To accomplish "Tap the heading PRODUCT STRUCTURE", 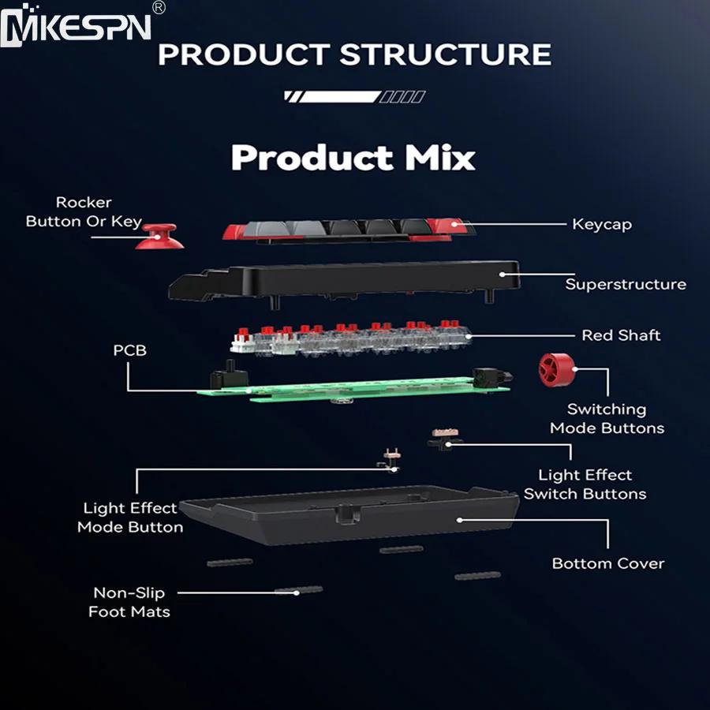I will point(354,54).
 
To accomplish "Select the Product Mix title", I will point(353,157).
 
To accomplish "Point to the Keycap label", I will point(602,224).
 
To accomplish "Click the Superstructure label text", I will point(626,284).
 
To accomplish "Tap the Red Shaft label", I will point(621,335).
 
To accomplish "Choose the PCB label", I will point(129,349).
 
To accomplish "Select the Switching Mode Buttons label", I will point(607,419).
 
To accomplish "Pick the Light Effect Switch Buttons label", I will point(585,484).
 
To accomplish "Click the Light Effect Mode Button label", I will point(130,518).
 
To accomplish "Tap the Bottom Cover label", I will point(607,563).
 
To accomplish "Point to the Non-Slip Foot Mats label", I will point(129,602).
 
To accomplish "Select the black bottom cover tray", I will point(347,521).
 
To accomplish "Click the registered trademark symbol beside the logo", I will point(158,7).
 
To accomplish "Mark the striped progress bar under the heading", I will point(354,97).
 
